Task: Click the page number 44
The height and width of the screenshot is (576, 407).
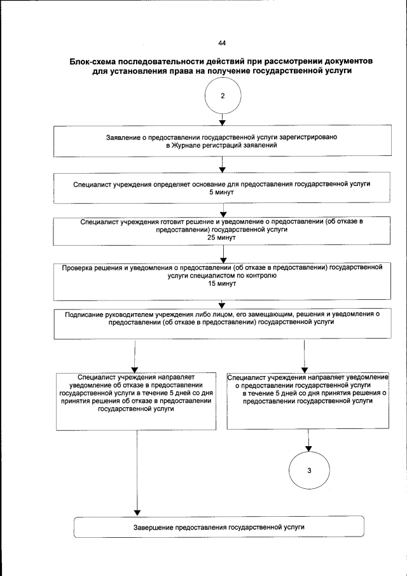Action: coord(222,43)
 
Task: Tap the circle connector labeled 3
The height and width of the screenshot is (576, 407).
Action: coord(308,470)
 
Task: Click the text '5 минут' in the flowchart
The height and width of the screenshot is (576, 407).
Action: coord(222,190)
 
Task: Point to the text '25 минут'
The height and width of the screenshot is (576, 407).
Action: coord(222,237)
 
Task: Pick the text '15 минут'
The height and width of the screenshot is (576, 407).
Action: coord(222,284)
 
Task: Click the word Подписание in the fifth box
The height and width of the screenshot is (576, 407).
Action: coord(85,314)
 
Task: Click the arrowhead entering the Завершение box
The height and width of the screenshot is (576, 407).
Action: coord(137,513)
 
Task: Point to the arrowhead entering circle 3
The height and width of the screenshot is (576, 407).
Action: coord(308,449)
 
